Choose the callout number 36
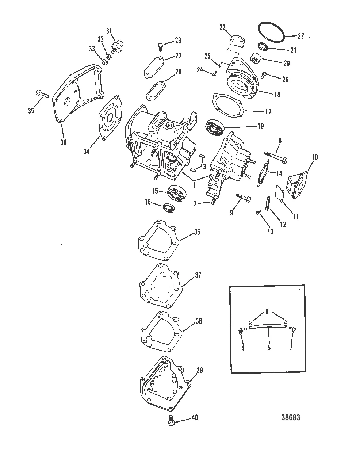(x=197, y=232)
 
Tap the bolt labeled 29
(x=161, y=46)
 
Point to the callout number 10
(x=315, y=157)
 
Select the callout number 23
(x=222, y=27)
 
